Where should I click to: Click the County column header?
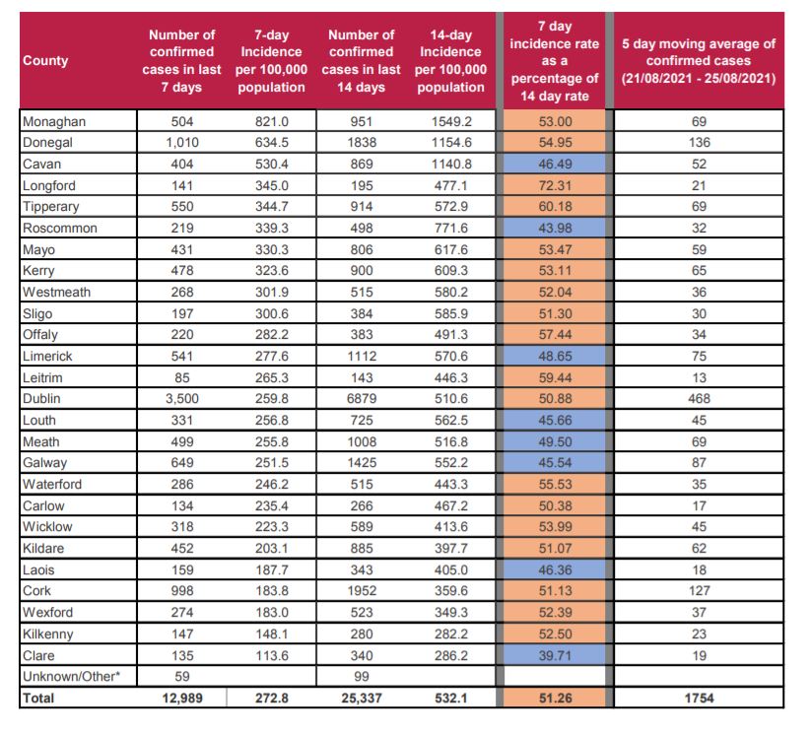click(45, 60)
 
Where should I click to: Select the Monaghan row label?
click(54, 121)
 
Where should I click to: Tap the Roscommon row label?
click(56, 229)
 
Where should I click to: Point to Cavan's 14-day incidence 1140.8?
click(450, 164)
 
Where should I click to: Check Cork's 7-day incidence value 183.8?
click(272, 591)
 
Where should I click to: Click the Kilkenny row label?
click(50, 634)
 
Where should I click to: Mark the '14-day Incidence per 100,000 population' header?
click(450, 60)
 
